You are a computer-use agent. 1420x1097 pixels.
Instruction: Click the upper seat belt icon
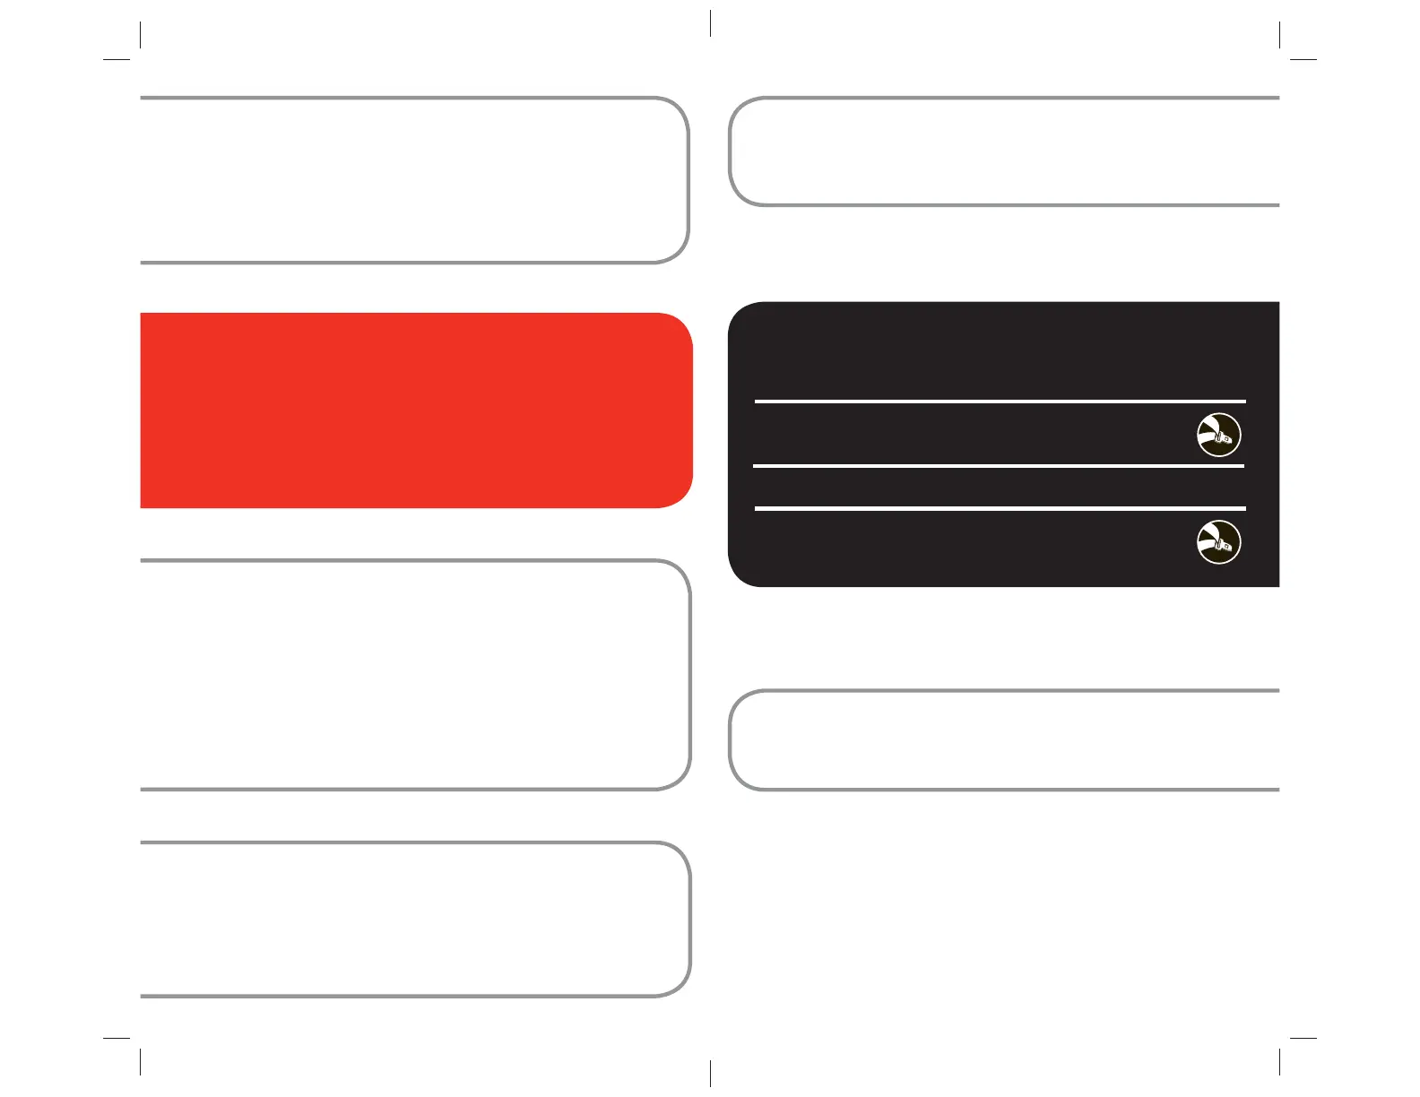(x=1219, y=435)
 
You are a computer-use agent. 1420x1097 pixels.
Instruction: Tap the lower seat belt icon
(x=1219, y=542)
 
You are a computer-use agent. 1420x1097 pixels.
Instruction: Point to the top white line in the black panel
(x=1000, y=402)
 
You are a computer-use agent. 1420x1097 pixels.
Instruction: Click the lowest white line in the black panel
(x=1000, y=508)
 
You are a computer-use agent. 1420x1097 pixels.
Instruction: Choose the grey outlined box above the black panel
(x=1004, y=151)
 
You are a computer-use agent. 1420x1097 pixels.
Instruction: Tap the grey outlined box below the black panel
(x=1004, y=740)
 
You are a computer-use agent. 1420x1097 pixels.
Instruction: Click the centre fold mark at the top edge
(x=710, y=23)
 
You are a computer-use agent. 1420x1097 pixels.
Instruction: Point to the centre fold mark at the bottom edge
(x=710, y=1073)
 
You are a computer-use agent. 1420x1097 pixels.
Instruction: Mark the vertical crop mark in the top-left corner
(x=141, y=34)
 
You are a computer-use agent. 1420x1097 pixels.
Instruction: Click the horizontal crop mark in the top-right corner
(x=1303, y=60)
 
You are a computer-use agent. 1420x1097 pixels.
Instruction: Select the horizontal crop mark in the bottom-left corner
(x=117, y=1038)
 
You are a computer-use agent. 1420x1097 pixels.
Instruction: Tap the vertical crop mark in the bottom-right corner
(x=1279, y=1062)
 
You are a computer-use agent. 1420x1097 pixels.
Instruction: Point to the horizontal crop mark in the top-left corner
(x=117, y=60)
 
